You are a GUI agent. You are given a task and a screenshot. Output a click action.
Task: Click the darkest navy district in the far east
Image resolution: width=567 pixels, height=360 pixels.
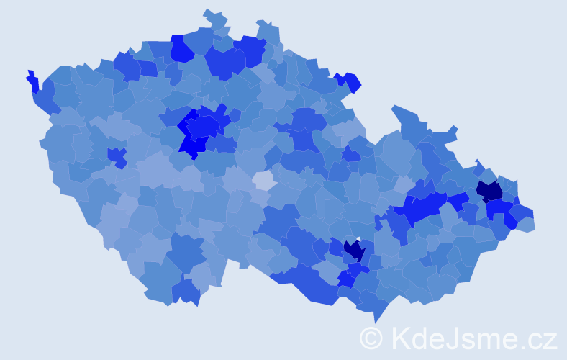(x=489, y=191)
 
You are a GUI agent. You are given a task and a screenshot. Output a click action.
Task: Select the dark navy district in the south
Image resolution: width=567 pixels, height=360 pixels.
(x=354, y=251)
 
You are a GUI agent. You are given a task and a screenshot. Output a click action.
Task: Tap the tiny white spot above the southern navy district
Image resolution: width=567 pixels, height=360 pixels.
(x=358, y=239)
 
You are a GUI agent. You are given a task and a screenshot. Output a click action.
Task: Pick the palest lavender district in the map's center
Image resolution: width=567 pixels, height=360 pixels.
(x=263, y=180)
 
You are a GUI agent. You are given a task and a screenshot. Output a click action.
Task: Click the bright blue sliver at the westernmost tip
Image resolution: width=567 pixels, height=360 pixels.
(x=32, y=81)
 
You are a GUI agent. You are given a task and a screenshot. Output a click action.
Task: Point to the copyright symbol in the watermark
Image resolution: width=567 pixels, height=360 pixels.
(x=371, y=338)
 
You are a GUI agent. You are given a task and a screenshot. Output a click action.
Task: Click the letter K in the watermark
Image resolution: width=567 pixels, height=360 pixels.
(x=400, y=338)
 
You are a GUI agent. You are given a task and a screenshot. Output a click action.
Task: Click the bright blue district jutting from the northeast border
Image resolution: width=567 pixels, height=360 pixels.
(x=350, y=82)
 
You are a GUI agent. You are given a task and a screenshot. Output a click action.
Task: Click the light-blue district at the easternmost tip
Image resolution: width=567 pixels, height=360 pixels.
(x=526, y=224)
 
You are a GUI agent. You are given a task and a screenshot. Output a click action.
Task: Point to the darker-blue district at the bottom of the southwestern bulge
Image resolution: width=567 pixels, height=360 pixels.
(x=186, y=292)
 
